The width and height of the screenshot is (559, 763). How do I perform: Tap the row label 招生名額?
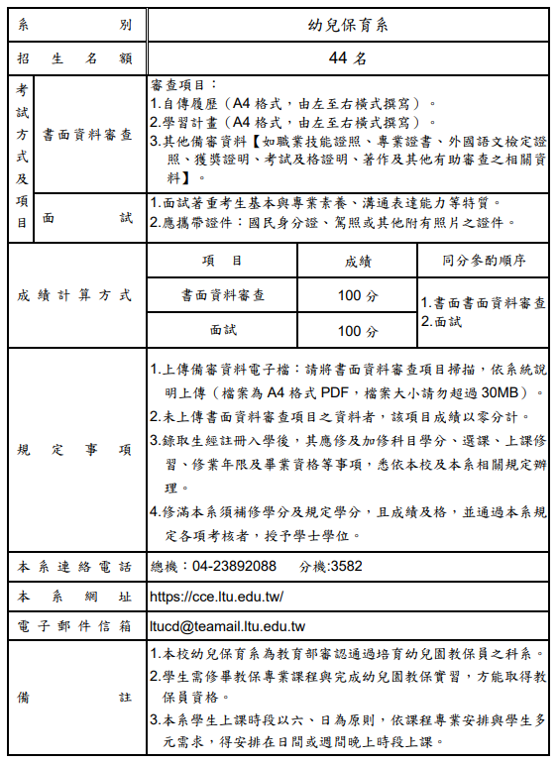tap(75, 58)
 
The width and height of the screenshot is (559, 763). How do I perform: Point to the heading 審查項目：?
tap(185, 85)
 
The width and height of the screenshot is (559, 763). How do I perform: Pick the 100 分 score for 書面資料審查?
tap(357, 295)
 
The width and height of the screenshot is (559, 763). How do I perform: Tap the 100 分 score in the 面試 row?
tap(357, 331)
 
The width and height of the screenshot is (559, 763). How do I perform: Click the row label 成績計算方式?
tap(75, 295)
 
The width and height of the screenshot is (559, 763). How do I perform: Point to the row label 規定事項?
tap(75, 449)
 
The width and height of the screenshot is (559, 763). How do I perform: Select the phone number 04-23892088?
tap(235, 567)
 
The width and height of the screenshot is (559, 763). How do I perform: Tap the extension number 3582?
tap(345, 567)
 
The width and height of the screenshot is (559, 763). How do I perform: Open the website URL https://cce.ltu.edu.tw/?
tap(216, 597)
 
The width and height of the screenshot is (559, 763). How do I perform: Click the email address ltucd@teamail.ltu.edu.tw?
tap(227, 626)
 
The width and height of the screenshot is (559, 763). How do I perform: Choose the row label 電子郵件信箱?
tap(75, 626)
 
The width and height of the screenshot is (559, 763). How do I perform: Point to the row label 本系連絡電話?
tap(75, 567)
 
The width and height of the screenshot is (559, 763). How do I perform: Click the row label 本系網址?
tap(75, 597)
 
